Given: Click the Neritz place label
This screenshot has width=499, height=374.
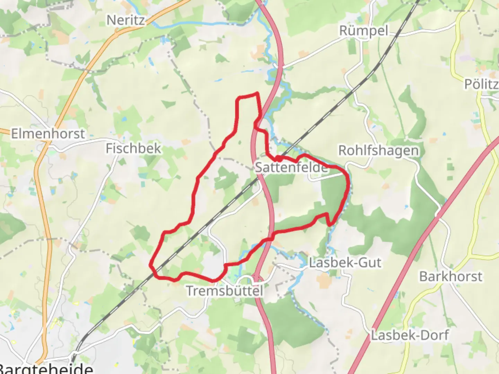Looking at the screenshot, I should point(125,20).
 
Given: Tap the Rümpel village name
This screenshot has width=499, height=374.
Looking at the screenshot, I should point(364,31).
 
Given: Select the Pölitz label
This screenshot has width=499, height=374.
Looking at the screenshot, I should point(481,84).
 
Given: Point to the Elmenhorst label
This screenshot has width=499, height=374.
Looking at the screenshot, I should point(48,134).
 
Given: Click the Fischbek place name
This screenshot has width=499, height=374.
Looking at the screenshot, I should point(133,149).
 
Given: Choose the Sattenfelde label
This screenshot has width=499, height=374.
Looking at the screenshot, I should point(291,168).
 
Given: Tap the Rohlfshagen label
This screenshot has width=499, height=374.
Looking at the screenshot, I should point(378,151).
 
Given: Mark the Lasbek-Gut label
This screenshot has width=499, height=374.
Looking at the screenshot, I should point(345,262).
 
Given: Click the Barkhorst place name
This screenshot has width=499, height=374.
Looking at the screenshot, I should point(450,277).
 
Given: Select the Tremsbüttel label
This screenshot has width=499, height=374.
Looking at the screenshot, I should point(225,291).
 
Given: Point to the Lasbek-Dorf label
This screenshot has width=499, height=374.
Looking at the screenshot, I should point(410,335).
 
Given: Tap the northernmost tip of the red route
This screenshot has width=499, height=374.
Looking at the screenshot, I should point(257,93).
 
